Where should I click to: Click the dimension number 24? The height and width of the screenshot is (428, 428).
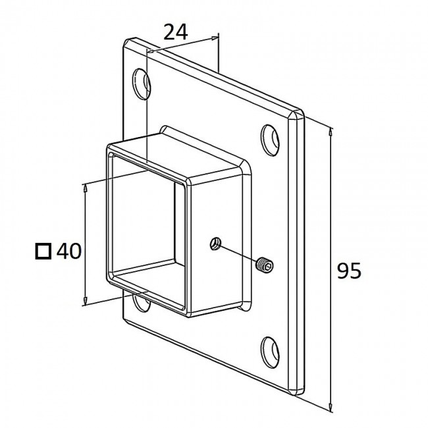176,32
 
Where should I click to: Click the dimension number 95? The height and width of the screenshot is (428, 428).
349,271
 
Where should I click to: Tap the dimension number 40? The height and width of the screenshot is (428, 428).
68,251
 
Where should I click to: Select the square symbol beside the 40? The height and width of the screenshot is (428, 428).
43,251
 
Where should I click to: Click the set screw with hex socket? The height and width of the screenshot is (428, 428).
265,264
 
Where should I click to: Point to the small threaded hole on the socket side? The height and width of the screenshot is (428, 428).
215,244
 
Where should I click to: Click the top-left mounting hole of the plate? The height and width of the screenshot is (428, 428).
142,84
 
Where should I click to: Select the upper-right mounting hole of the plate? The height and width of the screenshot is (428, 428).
270,140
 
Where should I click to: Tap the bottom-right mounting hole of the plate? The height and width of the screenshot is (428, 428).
270,352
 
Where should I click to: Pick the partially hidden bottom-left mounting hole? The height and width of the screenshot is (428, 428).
141,302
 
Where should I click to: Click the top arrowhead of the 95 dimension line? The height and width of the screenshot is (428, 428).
331,132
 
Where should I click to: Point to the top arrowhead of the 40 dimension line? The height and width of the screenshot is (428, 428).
86,188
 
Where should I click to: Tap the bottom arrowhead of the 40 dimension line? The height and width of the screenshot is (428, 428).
86,301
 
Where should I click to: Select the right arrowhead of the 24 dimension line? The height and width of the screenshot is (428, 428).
215,38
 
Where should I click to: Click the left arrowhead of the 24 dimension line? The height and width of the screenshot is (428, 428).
151,51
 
